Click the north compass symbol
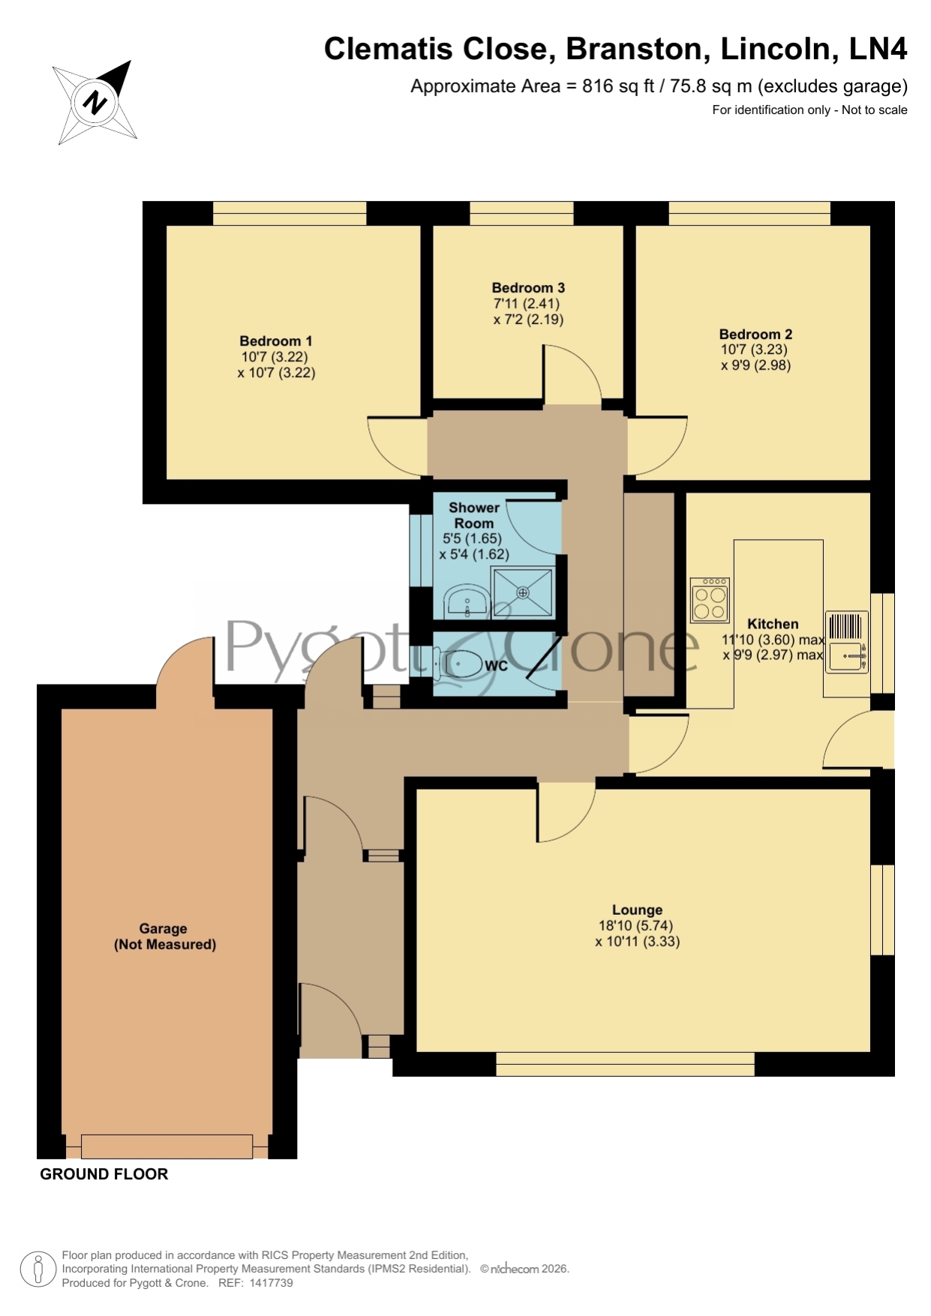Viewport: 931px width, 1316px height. [x=95, y=102]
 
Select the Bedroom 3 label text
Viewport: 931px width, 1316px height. [x=528, y=288]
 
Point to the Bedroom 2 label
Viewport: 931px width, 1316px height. [x=755, y=334]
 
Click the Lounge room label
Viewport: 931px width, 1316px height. [x=637, y=910]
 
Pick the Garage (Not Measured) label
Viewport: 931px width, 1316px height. [x=165, y=937]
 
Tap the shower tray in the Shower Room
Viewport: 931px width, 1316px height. [x=522, y=592]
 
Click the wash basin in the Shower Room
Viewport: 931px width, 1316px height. [x=467, y=602]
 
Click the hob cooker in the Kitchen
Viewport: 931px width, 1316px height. [x=710, y=599]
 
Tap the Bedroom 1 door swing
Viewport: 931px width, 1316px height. [x=397, y=446]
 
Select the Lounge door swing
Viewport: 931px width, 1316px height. [x=566, y=812]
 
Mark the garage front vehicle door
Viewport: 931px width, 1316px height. [x=167, y=1147]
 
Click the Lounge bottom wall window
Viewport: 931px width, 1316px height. [x=625, y=1064]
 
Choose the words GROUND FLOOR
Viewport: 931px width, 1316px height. [x=104, y=1174]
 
